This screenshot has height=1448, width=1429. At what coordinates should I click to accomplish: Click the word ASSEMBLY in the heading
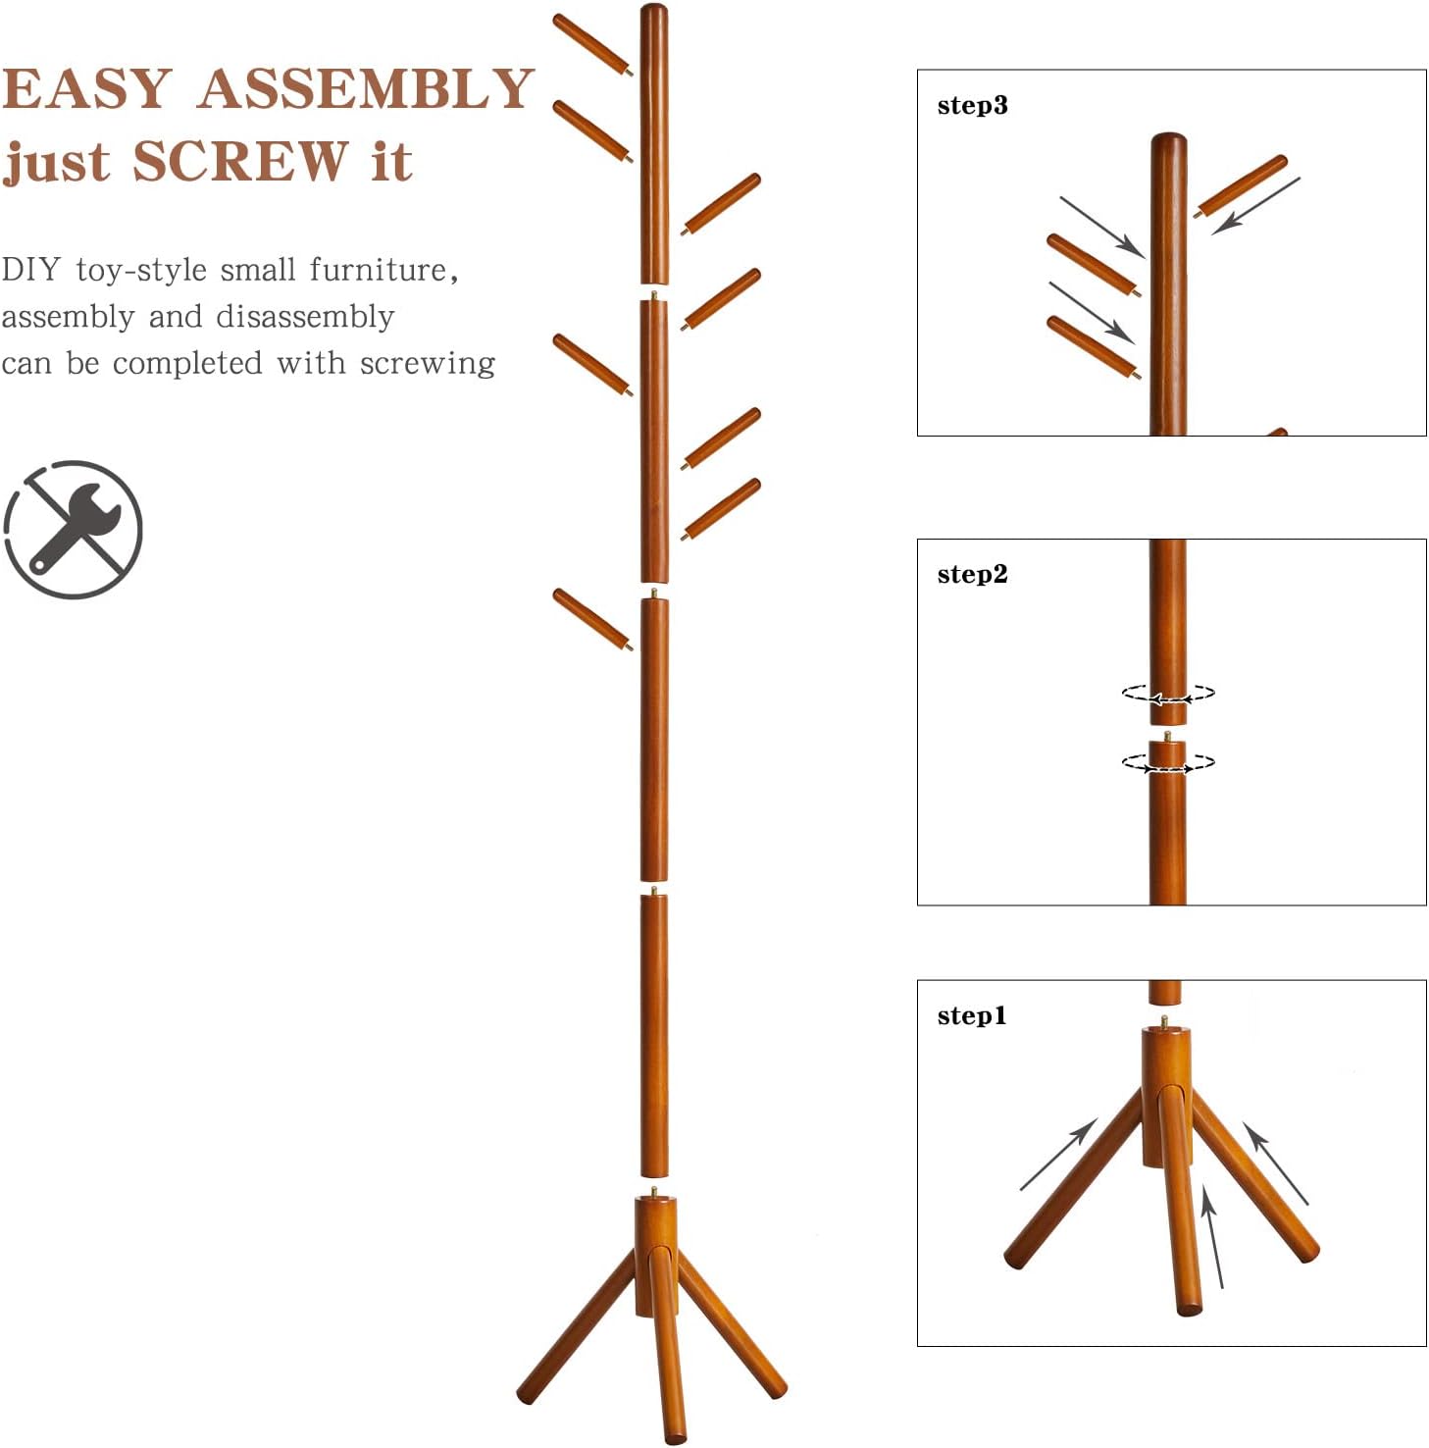366,88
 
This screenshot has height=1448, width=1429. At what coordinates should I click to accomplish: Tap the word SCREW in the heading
240,161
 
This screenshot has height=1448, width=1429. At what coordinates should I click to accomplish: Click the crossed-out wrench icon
74,530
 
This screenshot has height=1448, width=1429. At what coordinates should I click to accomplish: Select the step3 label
972,106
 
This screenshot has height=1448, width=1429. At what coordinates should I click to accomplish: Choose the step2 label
972,575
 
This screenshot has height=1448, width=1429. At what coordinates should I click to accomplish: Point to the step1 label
972,1015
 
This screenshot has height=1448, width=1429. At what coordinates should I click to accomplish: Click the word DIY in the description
30,269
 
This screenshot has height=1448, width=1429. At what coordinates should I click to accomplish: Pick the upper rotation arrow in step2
1168,694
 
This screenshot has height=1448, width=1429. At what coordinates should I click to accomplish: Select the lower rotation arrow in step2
1168,762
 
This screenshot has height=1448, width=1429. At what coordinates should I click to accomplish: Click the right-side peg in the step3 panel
1241,186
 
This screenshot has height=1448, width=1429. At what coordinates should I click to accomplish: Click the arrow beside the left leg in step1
1058,1155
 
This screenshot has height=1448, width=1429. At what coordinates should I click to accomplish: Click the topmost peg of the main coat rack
592,45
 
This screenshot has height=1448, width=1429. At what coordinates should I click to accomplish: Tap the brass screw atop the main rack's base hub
654,1192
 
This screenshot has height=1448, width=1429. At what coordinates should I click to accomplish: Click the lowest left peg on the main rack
592,619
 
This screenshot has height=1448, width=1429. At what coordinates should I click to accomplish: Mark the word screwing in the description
427,364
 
